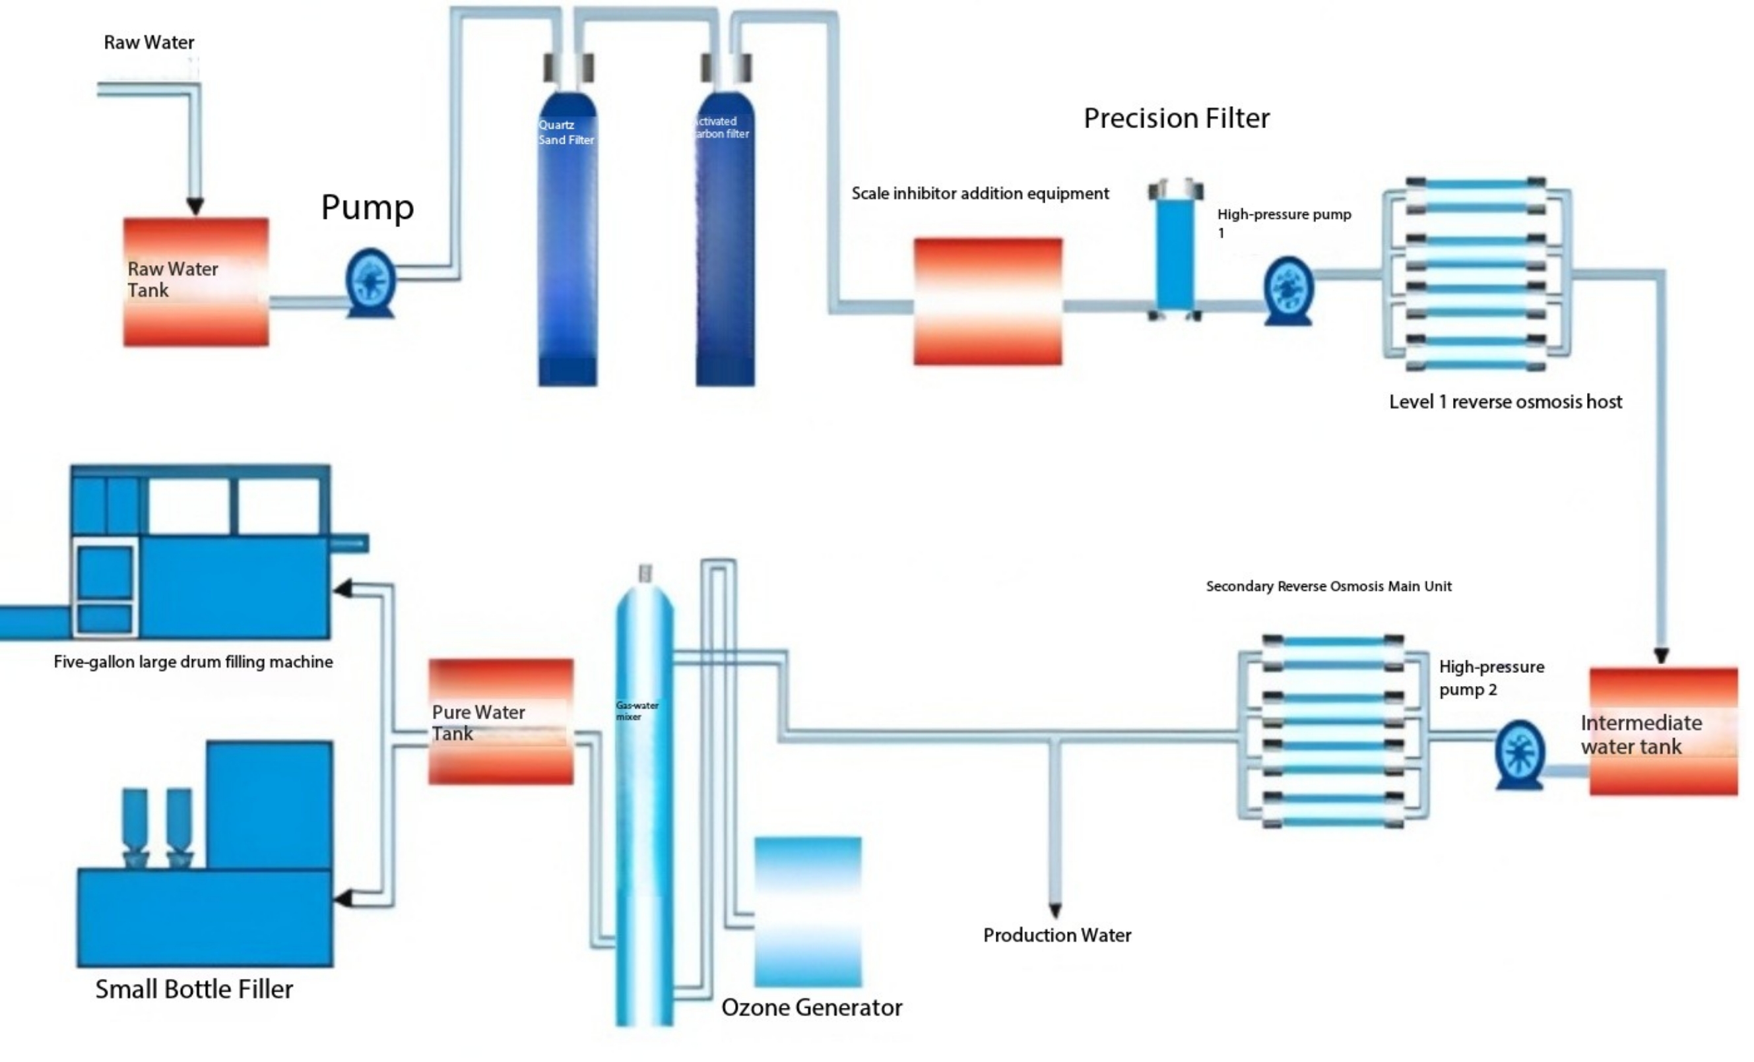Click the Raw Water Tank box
(x=196, y=282)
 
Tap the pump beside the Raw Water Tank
(x=370, y=282)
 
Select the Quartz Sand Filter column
(x=568, y=242)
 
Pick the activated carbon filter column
(x=725, y=242)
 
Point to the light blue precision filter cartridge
(x=1175, y=253)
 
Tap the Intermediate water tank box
(x=1663, y=731)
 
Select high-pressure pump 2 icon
(x=1519, y=754)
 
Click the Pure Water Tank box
(x=500, y=722)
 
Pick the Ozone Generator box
(x=808, y=911)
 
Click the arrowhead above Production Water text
(x=1055, y=910)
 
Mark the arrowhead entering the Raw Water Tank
(x=195, y=206)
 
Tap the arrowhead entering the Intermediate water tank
(x=1662, y=656)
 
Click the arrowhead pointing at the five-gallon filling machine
(x=343, y=588)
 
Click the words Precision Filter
(x=1176, y=118)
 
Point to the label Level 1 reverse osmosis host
(x=1505, y=402)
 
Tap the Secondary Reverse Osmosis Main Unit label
(x=1328, y=586)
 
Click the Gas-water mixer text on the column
(x=636, y=710)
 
